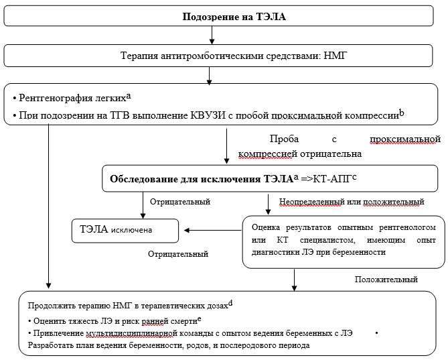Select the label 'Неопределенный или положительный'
[x=351, y=201]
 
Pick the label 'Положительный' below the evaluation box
[x=386, y=279]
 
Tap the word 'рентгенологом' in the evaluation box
[x=406, y=227]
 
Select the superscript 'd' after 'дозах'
[x=230, y=302]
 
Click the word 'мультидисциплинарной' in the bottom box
[x=131, y=333]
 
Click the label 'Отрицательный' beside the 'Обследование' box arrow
[x=180, y=201]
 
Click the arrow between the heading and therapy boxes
[x=210, y=37]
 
